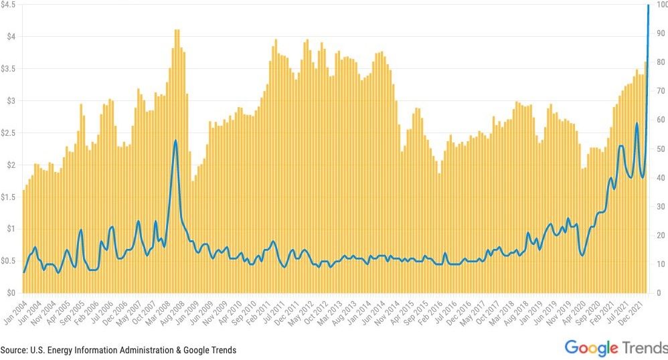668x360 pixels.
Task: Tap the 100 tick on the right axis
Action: pos(661,5)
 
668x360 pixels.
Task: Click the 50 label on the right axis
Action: pos(659,149)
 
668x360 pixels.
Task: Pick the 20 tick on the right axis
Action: pos(659,236)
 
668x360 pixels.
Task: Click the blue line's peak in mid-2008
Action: pos(175,141)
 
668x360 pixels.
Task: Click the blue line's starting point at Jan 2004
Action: pos(24,272)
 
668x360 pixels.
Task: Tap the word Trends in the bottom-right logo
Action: pos(645,347)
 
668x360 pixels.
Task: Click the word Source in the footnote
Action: pos(13,350)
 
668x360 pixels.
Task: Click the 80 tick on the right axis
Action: pos(659,63)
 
